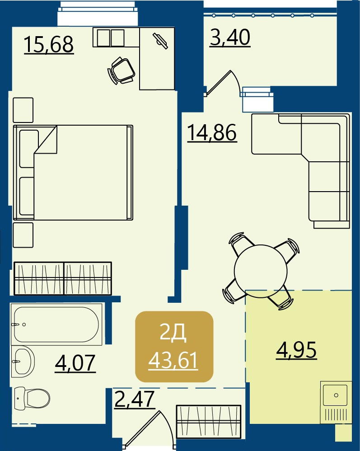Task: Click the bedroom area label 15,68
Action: pyautogui.click(x=49, y=45)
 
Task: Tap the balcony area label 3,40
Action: pyautogui.click(x=230, y=38)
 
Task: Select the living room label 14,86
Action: pyautogui.click(x=212, y=132)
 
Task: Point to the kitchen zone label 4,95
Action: pyautogui.click(x=296, y=350)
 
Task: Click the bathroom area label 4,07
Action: pyautogui.click(x=75, y=363)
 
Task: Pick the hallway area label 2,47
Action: pyautogui.click(x=135, y=399)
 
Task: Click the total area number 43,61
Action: pyautogui.click(x=173, y=361)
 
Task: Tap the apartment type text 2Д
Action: pyautogui.click(x=173, y=334)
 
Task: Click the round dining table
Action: pyautogui.click(x=261, y=271)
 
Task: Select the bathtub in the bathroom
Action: pyautogui.click(x=56, y=324)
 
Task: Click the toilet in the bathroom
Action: pyautogui.click(x=32, y=398)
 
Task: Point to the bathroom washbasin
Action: pyautogui.click(x=23, y=361)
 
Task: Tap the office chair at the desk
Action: pyautogui.click(x=122, y=70)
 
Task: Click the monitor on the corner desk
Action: pyautogui.click(x=160, y=41)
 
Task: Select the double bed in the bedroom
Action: pyautogui.click(x=73, y=173)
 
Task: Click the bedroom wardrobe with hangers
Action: pyautogui.click(x=63, y=278)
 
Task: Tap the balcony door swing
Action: pyautogui.click(x=224, y=83)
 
